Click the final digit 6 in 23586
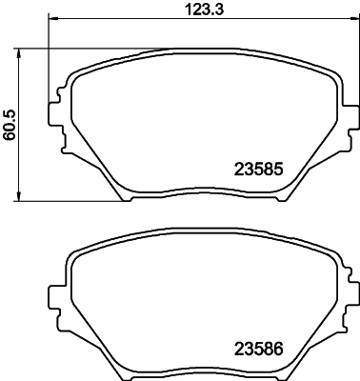pyautogui.click(x=282, y=349)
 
